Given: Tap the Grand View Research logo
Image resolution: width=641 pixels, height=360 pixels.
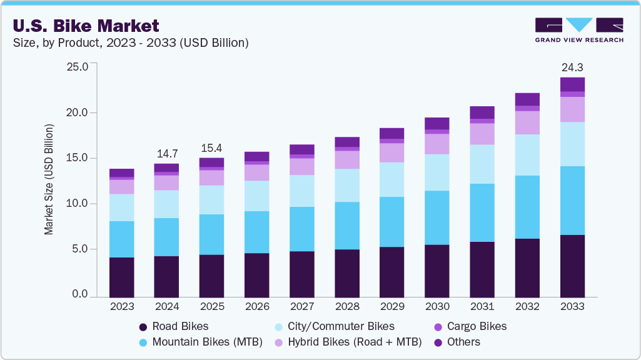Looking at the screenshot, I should (x=579, y=30).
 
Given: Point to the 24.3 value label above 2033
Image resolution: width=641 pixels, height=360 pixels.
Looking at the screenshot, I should (x=572, y=67).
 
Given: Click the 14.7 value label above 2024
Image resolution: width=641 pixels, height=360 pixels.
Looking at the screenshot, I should (x=166, y=153).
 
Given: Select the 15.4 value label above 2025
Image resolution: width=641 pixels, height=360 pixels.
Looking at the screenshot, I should (x=211, y=148).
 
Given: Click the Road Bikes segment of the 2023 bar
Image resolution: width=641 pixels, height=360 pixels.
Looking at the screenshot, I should (x=121, y=277).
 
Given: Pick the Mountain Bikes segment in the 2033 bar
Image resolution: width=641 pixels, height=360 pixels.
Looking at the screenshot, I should (x=572, y=201).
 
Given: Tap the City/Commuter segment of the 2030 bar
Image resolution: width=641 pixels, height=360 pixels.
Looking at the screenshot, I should (x=437, y=172).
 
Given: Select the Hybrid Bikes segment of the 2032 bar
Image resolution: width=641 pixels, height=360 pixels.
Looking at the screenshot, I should (x=527, y=122).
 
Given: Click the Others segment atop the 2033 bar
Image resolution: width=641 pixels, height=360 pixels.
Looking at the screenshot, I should (x=572, y=84).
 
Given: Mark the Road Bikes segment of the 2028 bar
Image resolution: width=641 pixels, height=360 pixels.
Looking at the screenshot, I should (x=347, y=273).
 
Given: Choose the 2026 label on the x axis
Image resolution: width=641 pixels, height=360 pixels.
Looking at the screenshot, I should (x=256, y=307).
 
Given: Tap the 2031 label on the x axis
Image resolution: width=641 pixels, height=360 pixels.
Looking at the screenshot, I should (x=482, y=307).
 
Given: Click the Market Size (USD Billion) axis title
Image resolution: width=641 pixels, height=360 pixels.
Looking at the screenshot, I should (x=49, y=180).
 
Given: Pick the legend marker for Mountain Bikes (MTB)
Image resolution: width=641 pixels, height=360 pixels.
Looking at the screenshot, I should (x=143, y=342).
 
